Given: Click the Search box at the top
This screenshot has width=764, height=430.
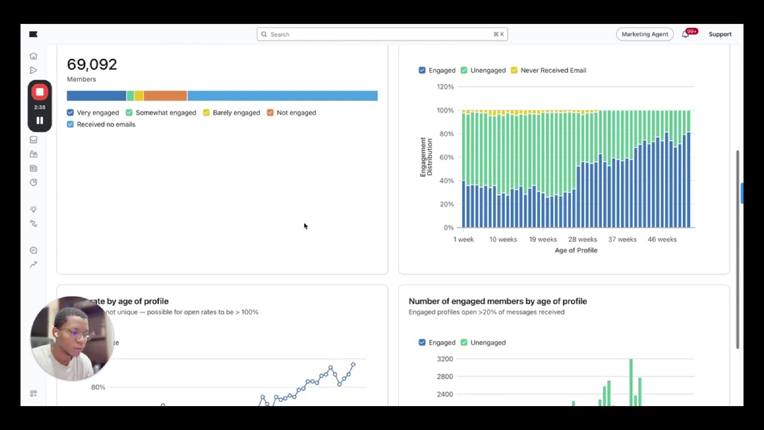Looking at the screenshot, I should (382, 34).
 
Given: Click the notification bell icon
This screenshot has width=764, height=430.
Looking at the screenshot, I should (685, 34).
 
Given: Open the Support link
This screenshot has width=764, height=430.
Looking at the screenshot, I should (720, 34).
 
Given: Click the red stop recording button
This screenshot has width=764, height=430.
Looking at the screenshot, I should (39, 92).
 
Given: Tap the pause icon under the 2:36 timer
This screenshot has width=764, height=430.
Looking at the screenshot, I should (39, 121).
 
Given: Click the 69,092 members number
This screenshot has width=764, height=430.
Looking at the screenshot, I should (92, 64).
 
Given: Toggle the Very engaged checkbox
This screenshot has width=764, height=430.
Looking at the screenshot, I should (70, 112).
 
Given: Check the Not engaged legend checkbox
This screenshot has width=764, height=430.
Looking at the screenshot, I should (270, 112).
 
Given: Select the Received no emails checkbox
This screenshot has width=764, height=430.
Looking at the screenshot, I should (70, 124).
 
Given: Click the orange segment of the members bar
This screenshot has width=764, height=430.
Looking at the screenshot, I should (165, 96).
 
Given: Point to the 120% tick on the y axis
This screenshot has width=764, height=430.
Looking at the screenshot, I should (445, 87).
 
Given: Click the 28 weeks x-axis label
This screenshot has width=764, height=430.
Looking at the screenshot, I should (582, 239).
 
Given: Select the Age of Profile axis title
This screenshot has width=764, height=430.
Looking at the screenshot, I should (576, 250).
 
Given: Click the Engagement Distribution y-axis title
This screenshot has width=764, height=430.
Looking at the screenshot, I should (426, 156).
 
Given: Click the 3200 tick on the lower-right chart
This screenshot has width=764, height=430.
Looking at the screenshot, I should (445, 359).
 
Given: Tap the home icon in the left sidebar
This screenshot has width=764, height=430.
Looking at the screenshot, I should (33, 56).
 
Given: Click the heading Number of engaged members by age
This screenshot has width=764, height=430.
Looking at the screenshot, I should (497, 301).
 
